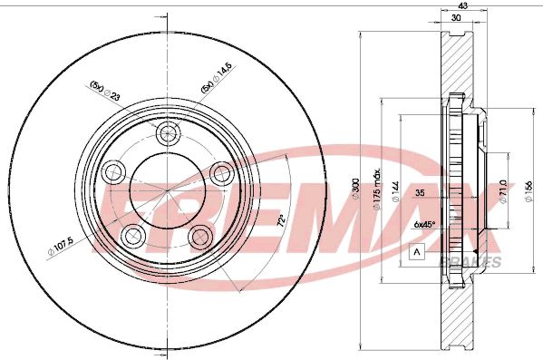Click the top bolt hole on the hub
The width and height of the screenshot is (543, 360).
[x=166, y=135]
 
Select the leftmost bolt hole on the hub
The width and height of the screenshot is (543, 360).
[x=113, y=170]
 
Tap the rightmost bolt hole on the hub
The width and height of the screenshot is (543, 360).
[x=220, y=171]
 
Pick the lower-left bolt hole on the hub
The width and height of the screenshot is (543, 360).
[x=133, y=237]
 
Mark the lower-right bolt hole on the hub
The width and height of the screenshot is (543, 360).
[x=199, y=237]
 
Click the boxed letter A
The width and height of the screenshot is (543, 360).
[x=416, y=252]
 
